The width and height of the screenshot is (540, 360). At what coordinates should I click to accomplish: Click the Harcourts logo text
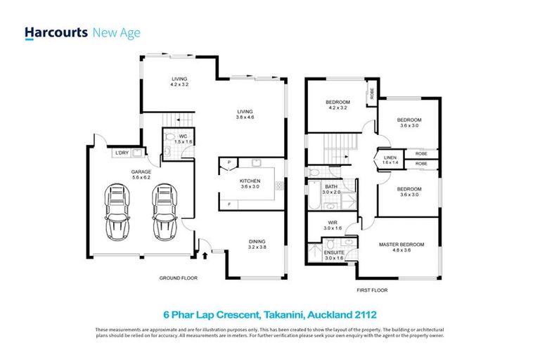pos(56,32)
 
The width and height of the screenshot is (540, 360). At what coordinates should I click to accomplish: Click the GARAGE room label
pos(141,171)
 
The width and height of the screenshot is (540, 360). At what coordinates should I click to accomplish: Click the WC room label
pos(181,136)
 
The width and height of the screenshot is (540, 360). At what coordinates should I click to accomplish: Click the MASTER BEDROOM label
pos(399,244)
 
